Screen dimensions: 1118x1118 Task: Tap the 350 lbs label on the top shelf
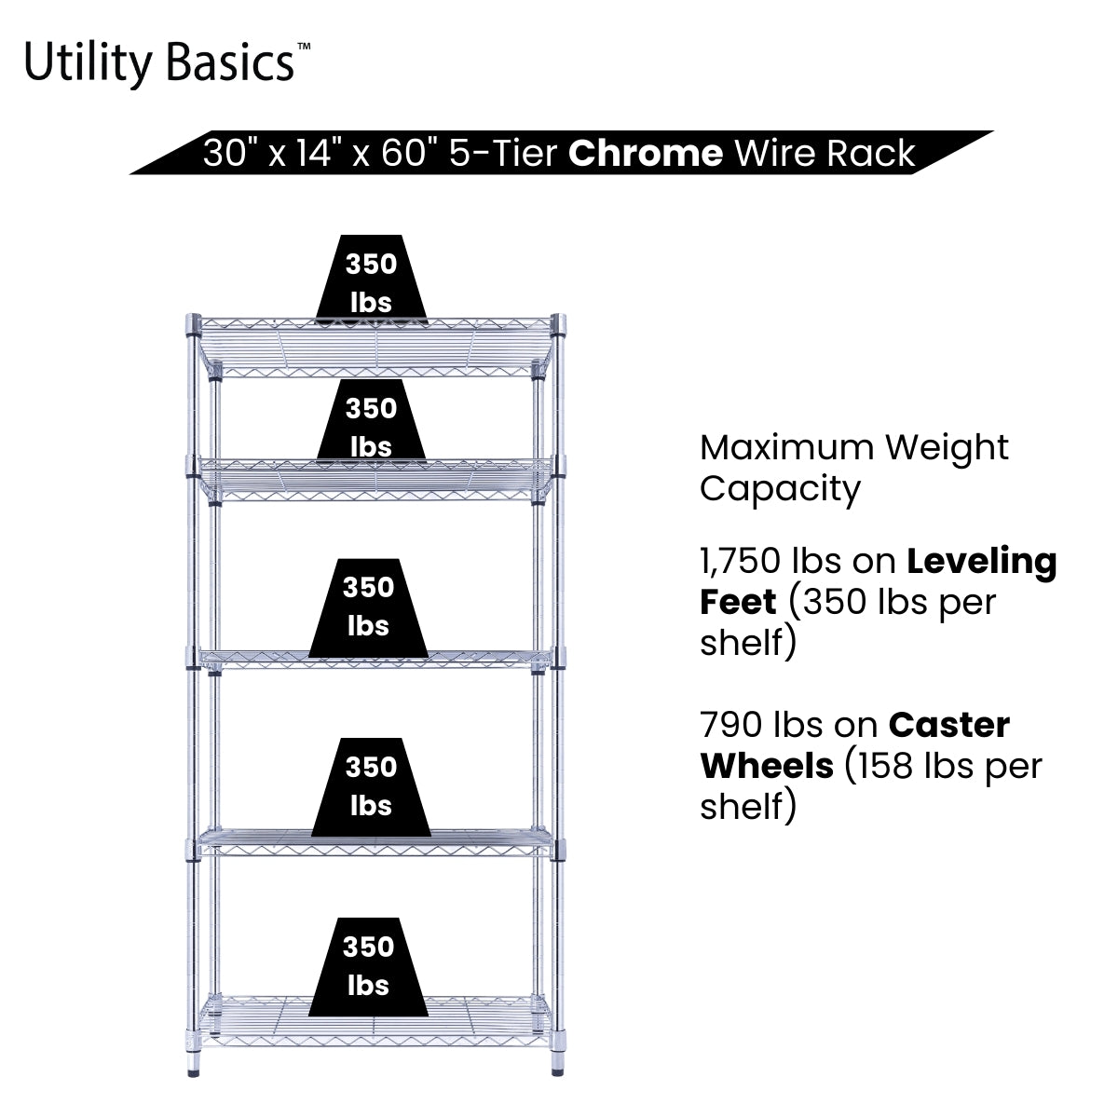[371, 282]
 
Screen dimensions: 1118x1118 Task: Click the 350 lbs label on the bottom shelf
[368, 965]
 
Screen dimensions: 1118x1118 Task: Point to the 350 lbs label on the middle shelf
[368, 606]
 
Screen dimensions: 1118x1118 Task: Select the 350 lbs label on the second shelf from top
[371, 426]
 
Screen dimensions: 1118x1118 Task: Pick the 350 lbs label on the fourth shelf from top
[371, 785]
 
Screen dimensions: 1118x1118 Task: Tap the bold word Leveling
[982, 562]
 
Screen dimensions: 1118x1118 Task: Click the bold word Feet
[738, 602]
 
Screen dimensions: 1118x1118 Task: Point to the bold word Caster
[948, 725]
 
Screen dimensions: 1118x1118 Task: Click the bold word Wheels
[767, 766]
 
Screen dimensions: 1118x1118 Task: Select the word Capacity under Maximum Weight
[780, 488]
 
